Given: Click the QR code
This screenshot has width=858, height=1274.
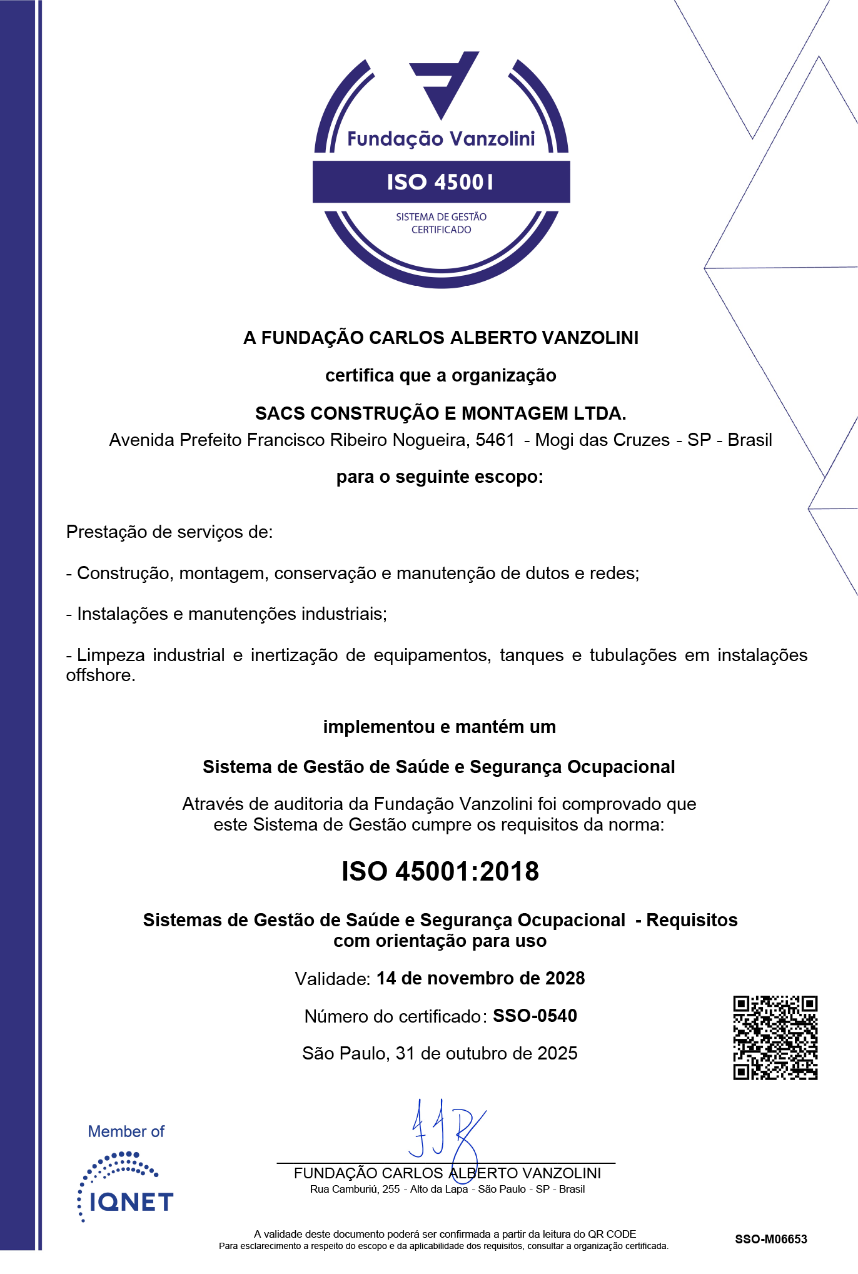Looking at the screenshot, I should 775,1038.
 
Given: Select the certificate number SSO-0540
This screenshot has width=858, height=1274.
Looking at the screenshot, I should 535,1016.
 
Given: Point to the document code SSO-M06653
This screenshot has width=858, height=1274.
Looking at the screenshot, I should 771,1239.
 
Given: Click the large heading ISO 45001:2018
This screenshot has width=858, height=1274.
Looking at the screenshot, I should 440,871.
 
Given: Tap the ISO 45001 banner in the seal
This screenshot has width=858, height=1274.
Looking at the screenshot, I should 441,182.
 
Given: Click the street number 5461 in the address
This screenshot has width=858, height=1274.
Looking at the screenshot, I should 495,440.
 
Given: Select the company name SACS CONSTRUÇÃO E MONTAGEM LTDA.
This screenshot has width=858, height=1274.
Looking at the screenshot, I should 440,413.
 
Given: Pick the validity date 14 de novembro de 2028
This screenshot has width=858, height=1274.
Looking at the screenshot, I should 480,978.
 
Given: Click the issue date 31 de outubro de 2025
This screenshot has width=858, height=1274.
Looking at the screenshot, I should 487,1053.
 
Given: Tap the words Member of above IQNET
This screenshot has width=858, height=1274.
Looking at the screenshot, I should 126,1131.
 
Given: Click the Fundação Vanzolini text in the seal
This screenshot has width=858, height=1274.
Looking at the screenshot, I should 441,139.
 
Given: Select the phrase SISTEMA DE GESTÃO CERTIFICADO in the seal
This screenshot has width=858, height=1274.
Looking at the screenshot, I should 441,223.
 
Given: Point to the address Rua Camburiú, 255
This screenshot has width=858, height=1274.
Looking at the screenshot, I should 355,1189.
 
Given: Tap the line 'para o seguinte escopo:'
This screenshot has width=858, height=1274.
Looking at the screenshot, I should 440,477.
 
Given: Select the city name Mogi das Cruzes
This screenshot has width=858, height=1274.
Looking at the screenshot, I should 602,440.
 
